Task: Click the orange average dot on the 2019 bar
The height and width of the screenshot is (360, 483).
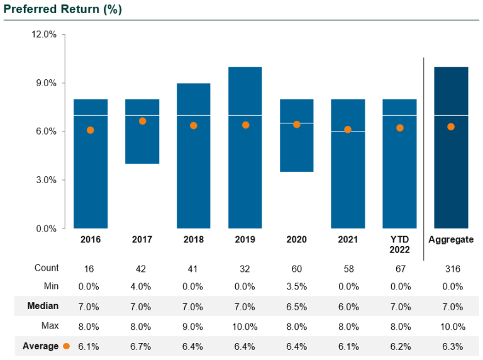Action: click(x=245, y=125)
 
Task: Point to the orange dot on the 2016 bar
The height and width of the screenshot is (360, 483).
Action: click(x=91, y=130)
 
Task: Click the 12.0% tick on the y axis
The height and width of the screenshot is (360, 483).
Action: click(x=44, y=35)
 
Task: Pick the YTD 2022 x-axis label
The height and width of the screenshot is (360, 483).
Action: click(x=399, y=244)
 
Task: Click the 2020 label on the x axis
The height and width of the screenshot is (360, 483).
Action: click(x=296, y=240)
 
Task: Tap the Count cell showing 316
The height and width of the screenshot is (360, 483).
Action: click(x=451, y=269)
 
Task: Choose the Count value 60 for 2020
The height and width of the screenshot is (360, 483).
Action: click(x=296, y=269)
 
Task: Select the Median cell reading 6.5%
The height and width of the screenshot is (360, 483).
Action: click(x=296, y=307)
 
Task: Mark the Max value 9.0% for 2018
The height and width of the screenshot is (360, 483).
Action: click(x=193, y=327)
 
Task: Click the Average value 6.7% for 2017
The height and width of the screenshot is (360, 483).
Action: click(x=142, y=346)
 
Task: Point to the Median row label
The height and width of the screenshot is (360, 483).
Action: click(x=43, y=307)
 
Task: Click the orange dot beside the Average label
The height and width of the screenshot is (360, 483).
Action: click(x=66, y=346)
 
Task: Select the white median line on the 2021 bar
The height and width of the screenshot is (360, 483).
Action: click(x=348, y=131)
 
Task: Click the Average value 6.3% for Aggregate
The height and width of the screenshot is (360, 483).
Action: click(x=451, y=346)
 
